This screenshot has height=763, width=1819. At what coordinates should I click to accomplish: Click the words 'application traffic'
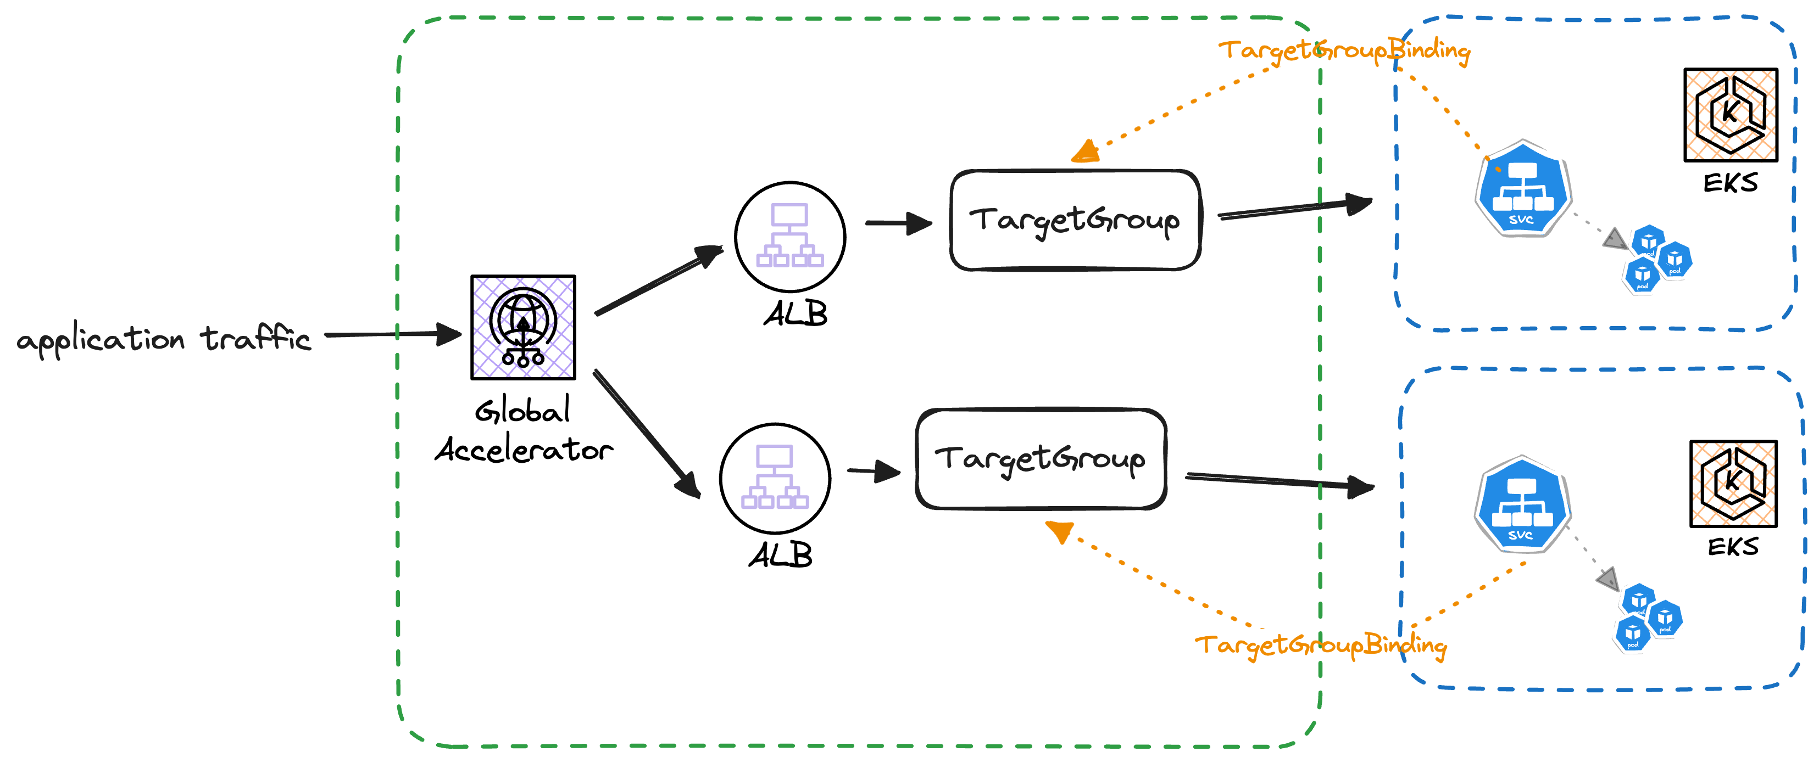tap(163, 339)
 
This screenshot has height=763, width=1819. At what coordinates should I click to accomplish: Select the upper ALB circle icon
tap(789, 237)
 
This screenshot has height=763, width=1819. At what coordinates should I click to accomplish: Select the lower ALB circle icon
tap(775, 479)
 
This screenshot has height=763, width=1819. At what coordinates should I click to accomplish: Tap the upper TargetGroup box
tap(1075, 220)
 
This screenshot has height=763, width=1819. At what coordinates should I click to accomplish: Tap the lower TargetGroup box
tap(1040, 459)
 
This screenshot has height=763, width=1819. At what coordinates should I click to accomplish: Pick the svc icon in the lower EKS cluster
tap(1522, 504)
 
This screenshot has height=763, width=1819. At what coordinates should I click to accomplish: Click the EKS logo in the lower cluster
tap(1733, 484)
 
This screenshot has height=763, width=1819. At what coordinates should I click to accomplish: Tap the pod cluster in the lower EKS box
tap(1648, 617)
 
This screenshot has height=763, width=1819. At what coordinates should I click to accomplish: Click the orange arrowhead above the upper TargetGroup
tap(1086, 152)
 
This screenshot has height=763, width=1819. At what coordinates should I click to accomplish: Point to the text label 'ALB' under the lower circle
tap(780, 556)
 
